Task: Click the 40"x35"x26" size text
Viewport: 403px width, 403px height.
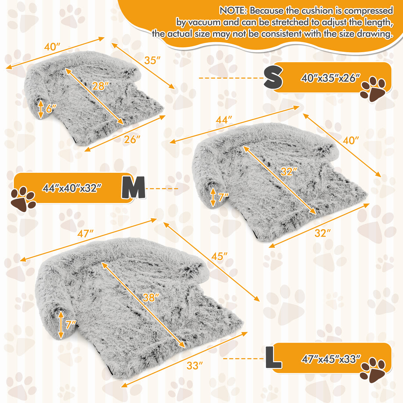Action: pyautogui.click(x=330, y=78)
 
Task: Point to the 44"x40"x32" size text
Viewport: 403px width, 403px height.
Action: pyautogui.click(x=72, y=188)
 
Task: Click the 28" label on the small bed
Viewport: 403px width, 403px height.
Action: pyautogui.click(x=100, y=86)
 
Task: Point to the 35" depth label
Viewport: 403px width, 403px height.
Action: pyautogui.click(x=152, y=60)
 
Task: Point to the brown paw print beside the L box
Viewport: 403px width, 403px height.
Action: pyautogui.click(x=373, y=370)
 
